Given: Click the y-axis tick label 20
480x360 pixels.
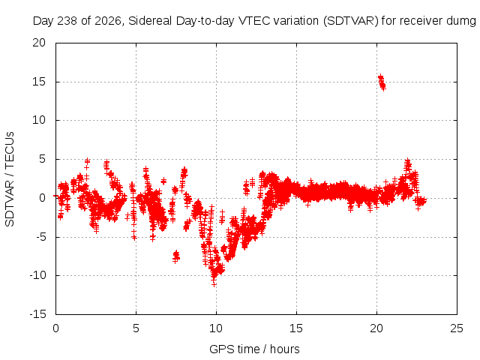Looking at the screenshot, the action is (x=39, y=43).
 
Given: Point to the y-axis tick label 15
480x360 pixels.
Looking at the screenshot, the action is (x=39, y=82).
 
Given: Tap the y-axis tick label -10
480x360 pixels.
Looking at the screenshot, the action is (x=37, y=275).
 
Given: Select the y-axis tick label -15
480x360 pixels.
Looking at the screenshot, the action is (x=37, y=314).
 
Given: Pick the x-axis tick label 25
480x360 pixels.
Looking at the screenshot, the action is (x=457, y=328).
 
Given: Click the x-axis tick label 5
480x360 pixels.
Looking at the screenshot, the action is (x=136, y=328).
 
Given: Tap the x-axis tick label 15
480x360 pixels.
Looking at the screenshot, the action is (x=296, y=328).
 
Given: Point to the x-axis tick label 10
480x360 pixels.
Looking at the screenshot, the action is (x=216, y=328).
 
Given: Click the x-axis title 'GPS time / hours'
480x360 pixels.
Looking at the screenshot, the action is (x=254, y=349).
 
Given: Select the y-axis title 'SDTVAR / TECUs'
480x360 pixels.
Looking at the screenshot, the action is (x=10, y=179).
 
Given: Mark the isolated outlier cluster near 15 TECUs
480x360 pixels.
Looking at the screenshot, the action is (x=382, y=82).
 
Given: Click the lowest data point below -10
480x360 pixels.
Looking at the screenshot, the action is (x=214, y=284).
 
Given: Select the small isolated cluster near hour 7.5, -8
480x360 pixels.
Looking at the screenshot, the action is (x=176, y=256).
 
